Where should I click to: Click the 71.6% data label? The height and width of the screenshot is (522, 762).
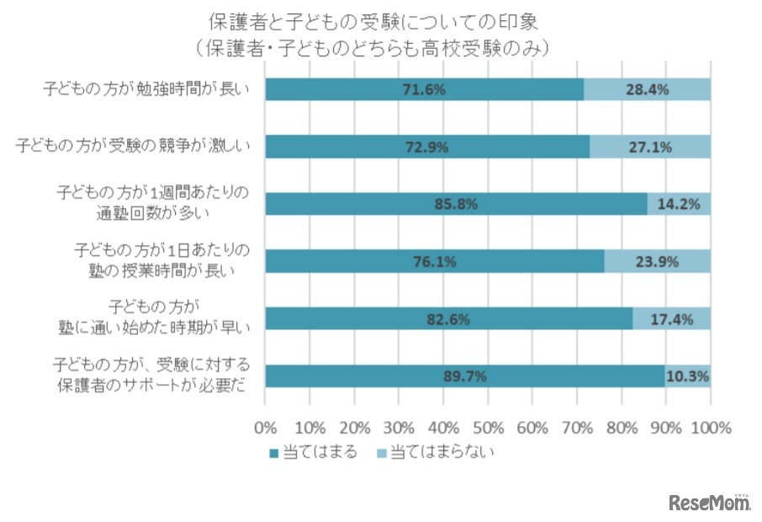pos(425,89)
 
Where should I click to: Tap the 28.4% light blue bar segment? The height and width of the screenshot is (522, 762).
pos(648,89)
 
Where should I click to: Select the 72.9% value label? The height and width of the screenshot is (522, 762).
pos(427,147)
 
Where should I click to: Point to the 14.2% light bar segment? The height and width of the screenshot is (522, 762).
pos(680,205)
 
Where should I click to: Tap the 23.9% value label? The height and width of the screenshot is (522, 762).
pos(658,262)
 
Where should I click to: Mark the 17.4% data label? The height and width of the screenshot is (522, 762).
pos(671,319)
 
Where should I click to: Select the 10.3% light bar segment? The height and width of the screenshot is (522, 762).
pos(688,376)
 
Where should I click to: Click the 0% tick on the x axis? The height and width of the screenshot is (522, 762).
pos(266,426)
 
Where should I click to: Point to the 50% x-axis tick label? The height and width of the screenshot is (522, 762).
pos(489,426)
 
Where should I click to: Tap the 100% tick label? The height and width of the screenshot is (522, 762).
pos(711,426)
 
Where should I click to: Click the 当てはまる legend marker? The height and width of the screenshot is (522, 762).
pos(273,454)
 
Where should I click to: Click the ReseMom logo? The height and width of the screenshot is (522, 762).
pos(710,503)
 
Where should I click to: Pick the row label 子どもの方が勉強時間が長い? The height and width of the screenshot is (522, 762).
pos(146,89)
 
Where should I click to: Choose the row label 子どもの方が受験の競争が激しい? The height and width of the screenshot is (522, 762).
pos(135,147)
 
